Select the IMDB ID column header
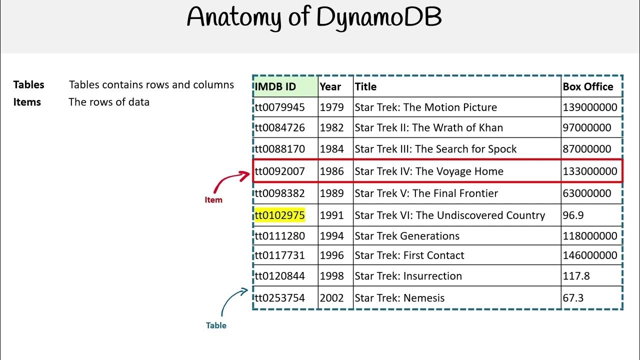[275, 86]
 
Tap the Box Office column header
[587, 86]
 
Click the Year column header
[330, 86]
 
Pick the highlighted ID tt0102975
[279, 215]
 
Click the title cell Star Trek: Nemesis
[399, 298]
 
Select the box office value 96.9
[573, 215]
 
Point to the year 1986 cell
[332, 171]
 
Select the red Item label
[213, 200]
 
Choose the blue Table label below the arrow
[216, 325]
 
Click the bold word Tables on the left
[29, 85]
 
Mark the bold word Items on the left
[27, 102]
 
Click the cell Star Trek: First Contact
[409, 255]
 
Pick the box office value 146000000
[590, 255]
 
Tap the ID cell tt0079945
[279, 107]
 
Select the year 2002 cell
[332, 298]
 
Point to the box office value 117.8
[576, 276]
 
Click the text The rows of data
[109, 102]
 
